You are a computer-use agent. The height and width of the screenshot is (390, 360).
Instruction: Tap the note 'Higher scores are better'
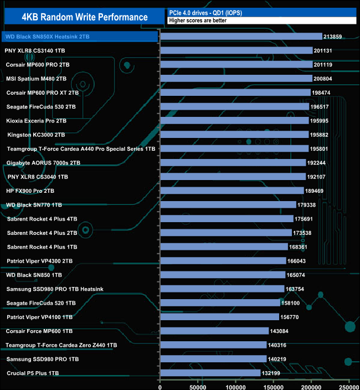[x=198, y=20]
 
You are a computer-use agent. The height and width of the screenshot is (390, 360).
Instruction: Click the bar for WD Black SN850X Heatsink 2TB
[x=241, y=37]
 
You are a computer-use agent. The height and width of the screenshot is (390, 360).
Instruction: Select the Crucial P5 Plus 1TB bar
[x=210, y=373]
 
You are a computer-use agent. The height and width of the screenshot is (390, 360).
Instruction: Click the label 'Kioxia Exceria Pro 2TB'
[x=37, y=120]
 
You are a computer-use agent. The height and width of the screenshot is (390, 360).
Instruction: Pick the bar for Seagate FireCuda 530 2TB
[x=234, y=106]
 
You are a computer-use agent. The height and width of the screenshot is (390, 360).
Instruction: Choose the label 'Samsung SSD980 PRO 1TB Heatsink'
[x=55, y=289]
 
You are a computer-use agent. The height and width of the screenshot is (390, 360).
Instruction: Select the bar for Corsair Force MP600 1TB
[x=214, y=331]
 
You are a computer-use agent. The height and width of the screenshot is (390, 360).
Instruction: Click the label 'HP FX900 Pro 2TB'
[x=30, y=191]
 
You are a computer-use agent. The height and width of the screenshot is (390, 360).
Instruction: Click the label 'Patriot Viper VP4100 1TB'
[x=40, y=317]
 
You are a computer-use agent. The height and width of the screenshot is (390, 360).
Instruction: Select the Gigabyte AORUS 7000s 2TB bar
[x=233, y=162]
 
